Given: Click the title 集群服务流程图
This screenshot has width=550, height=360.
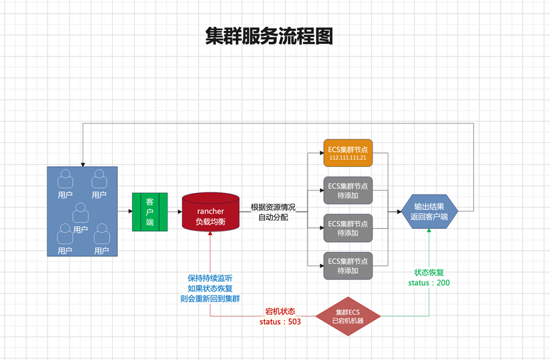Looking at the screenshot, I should click(269, 36).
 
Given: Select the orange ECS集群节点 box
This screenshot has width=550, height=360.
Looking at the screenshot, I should click(347, 150).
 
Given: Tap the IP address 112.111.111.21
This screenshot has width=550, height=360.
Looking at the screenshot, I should click(347, 158).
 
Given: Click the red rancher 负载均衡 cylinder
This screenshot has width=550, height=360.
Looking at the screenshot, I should click(210, 211).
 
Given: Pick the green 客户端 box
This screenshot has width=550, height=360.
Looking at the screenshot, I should click(150, 212).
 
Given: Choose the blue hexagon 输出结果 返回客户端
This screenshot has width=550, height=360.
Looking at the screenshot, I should click(428, 211).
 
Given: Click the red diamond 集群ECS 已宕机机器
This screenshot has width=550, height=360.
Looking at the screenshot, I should click(347, 317).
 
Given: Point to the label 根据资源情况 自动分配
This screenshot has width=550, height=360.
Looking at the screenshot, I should click(273, 212).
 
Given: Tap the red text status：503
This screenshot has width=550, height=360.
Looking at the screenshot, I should click(280, 322).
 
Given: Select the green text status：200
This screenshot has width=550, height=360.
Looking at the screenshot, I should click(429, 282).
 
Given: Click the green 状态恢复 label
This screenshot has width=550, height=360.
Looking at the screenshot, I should click(429, 272).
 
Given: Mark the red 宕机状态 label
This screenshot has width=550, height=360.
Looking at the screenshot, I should click(280, 311).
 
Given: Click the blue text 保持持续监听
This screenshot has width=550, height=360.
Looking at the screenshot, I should click(210, 278).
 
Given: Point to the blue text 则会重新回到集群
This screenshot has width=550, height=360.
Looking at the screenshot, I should click(210, 298).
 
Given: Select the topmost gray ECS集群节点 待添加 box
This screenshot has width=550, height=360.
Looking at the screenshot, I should click(347, 190).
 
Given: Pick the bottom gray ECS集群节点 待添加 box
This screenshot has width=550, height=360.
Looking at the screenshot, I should click(347, 265).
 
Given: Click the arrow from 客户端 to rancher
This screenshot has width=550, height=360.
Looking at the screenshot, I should click(175, 212).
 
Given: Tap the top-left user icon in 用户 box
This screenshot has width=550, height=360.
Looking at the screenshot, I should click(65, 180).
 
